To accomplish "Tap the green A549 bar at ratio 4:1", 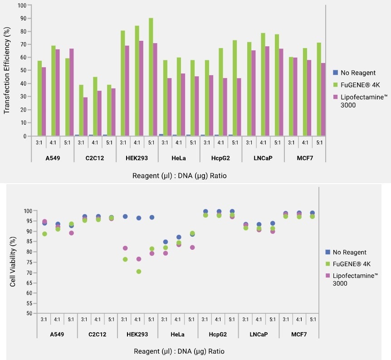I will click(x=53, y=91).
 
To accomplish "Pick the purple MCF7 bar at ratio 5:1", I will click(x=323, y=99).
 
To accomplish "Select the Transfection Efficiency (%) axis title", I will click(x=7, y=70).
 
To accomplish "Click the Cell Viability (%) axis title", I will click(x=13, y=262).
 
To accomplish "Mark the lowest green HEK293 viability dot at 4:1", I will click(x=138, y=272).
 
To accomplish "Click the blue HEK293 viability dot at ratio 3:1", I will click(x=125, y=217).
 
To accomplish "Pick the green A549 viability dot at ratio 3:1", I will click(x=44, y=234).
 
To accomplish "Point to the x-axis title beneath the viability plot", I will click(x=179, y=351).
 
